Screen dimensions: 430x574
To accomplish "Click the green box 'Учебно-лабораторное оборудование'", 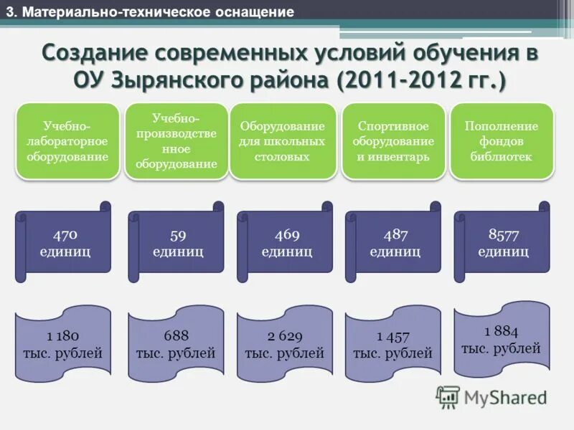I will point(68,140).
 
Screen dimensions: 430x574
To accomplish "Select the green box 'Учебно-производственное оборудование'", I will point(175,140).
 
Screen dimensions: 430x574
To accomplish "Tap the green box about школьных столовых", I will point(282,140).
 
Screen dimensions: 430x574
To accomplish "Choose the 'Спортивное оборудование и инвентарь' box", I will point(393,140).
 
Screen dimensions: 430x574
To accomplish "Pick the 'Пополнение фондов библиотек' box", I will point(502,140).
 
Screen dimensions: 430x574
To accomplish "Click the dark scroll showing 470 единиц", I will point(65,242).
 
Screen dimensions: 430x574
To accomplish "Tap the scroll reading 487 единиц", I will point(395,242).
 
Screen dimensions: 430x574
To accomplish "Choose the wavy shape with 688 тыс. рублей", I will point(175,344).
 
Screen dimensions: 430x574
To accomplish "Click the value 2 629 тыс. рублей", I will point(284,344).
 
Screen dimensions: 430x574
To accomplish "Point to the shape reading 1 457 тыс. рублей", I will point(392,344).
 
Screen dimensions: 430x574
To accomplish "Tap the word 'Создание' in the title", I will point(93,54).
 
